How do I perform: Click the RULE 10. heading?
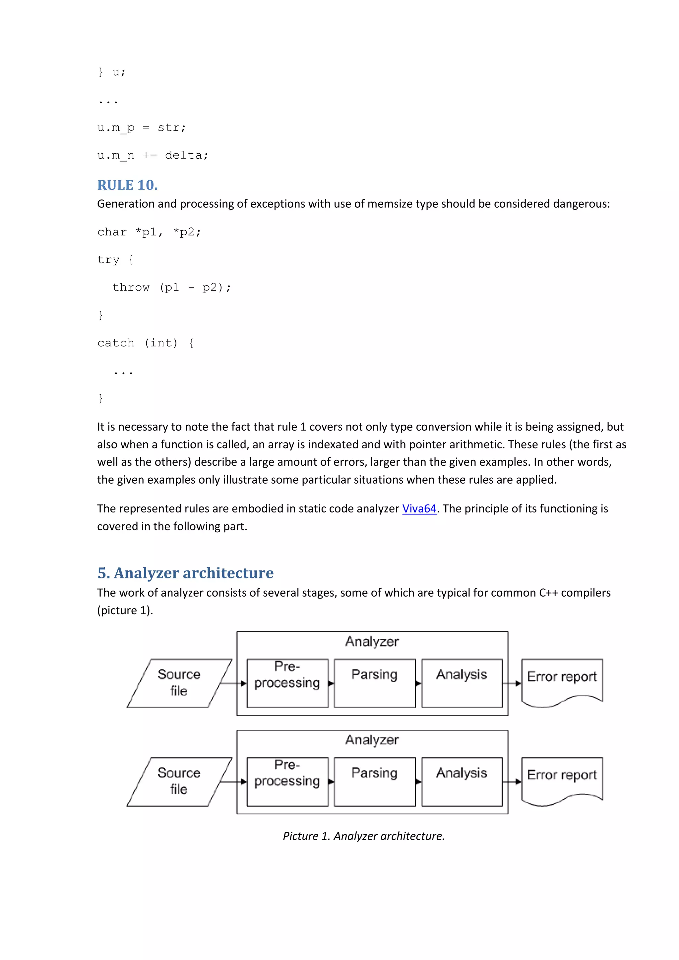click(127, 185)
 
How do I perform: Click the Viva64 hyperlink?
click(419, 508)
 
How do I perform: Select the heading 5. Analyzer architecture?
click(185, 572)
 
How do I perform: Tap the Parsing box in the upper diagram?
click(374, 683)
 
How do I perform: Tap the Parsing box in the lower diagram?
click(374, 781)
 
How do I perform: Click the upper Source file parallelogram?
click(179, 683)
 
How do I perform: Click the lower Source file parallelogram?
click(179, 781)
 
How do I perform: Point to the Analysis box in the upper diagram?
click(462, 683)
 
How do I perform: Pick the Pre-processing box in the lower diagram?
click(287, 781)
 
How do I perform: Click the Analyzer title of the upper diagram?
click(372, 641)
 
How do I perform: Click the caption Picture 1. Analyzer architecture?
click(364, 836)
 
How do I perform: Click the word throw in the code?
click(131, 287)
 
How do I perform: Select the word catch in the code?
click(116, 343)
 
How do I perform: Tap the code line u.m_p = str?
click(142, 128)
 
